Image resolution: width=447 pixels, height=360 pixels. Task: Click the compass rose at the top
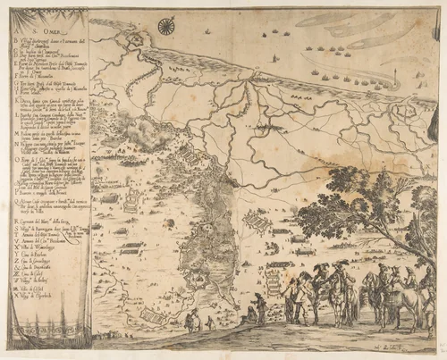pos(165,27)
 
